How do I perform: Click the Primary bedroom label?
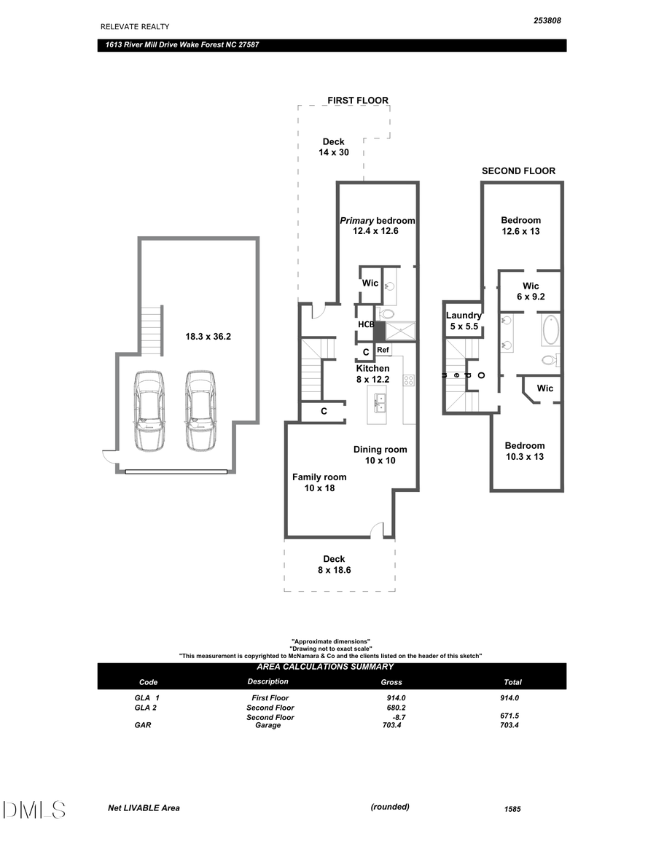click(x=377, y=226)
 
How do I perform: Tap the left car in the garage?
click(x=149, y=410)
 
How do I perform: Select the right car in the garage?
click(x=200, y=410)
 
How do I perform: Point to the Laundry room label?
click(x=464, y=321)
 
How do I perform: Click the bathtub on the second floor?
click(x=550, y=330)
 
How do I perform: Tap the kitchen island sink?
click(x=379, y=400)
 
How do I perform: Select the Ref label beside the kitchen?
click(x=383, y=351)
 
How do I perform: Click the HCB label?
click(x=365, y=324)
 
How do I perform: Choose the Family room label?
click(x=319, y=482)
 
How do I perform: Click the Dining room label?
click(x=380, y=455)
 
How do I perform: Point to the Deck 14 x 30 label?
click(x=333, y=147)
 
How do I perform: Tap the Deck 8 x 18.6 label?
click(x=334, y=564)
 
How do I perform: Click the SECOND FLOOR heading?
click(x=518, y=171)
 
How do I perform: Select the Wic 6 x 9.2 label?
click(x=531, y=292)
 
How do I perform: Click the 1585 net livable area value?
click(x=512, y=809)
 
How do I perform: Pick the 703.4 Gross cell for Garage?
click(x=391, y=725)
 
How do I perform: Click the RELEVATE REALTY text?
click(x=135, y=26)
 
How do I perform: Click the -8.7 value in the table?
click(x=398, y=717)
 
